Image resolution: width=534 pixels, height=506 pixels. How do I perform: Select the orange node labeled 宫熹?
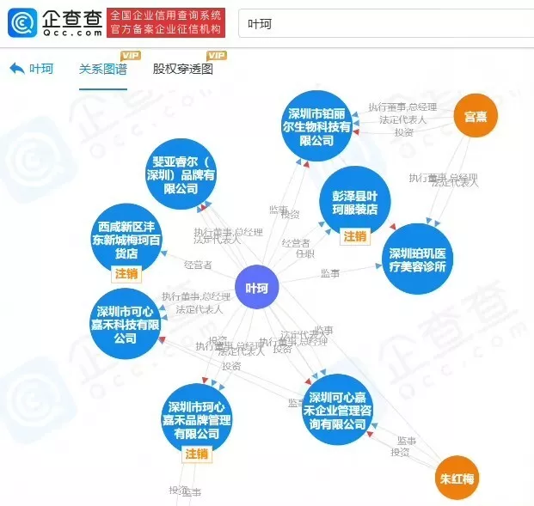(x=476, y=115)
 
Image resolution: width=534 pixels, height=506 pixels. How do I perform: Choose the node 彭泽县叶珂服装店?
(x=355, y=204)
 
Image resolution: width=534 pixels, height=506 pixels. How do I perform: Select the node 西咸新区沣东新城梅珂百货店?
(x=127, y=236)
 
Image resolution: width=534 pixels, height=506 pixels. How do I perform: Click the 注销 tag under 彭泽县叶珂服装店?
(x=355, y=236)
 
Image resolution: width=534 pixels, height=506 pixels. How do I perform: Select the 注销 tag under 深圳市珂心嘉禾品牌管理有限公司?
(x=197, y=454)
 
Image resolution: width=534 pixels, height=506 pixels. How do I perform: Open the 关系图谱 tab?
(x=102, y=70)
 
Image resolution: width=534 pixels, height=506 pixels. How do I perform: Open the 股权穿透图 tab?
(x=182, y=70)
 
